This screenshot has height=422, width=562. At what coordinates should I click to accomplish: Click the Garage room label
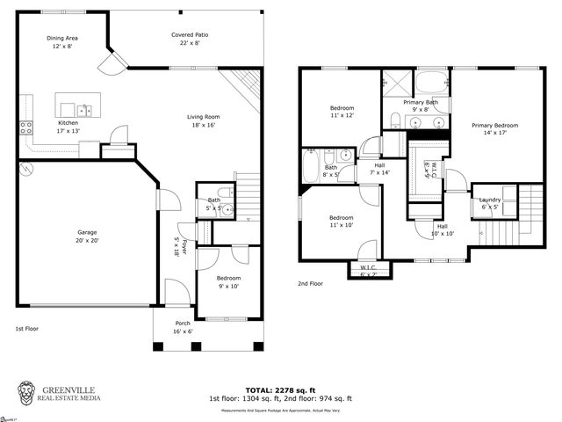(x=86, y=232)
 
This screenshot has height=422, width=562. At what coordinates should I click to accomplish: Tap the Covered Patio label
(x=190, y=34)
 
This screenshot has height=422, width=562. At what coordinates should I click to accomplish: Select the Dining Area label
(x=62, y=38)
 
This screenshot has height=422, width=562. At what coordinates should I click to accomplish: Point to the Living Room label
(x=203, y=117)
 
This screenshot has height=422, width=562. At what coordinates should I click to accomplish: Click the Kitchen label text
(x=68, y=122)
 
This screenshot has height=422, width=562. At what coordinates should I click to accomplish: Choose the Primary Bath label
(x=420, y=102)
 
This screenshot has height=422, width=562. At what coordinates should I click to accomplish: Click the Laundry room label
(x=489, y=200)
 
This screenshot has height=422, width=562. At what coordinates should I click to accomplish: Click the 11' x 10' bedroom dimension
(x=341, y=225)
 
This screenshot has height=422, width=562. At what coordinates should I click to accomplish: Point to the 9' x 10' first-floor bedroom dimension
(x=228, y=286)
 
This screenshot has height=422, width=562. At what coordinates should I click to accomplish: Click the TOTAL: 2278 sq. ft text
(x=281, y=389)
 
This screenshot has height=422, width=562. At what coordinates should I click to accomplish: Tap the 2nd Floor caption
(x=311, y=284)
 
